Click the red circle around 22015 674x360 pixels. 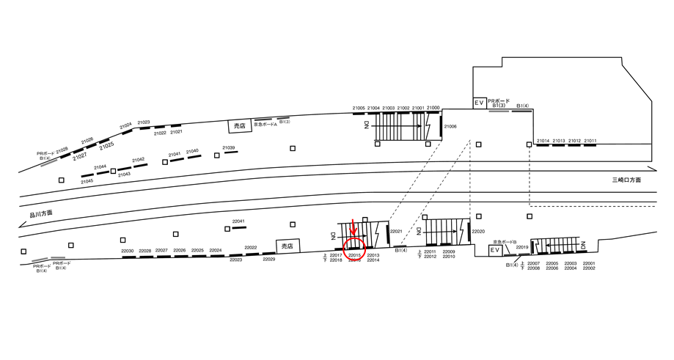click(x=354, y=249)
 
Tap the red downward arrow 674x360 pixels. click(x=354, y=227)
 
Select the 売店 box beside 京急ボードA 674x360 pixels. click(x=238, y=126)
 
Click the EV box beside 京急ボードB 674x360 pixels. click(x=496, y=250)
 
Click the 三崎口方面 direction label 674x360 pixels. click(x=628, y=180)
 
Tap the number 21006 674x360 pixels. click(x=450, y=127)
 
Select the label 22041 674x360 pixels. click(x=238, y=221)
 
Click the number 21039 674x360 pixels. click(x=229, y=147)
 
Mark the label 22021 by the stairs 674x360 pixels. click(x=397, y=231)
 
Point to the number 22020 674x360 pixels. click(x=478, y=231)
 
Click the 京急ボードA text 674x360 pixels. click(x=265, y=124)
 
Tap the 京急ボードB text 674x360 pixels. click(x=505, y=241)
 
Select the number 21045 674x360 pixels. click(x=87, y=180)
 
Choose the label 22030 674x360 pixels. click(x=128, y=251)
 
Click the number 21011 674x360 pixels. click(x=590, y=140)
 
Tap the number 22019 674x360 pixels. click(x=522, y=248)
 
